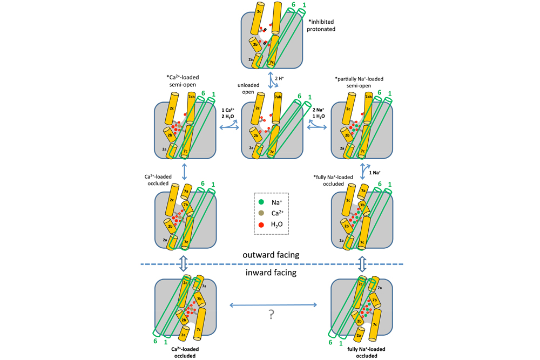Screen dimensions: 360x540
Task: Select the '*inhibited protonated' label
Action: click(x=322, y=25)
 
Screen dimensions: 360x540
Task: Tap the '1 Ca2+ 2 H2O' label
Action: click(x=228, y=113)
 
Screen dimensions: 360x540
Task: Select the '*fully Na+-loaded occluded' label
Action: click(x=333, y=180)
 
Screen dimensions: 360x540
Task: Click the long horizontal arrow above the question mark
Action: click(x=273, y=305)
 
